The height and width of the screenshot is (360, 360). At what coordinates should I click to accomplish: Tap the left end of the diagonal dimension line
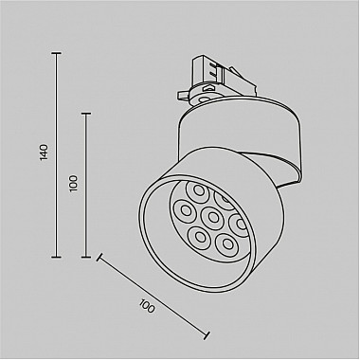coord(99,255)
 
